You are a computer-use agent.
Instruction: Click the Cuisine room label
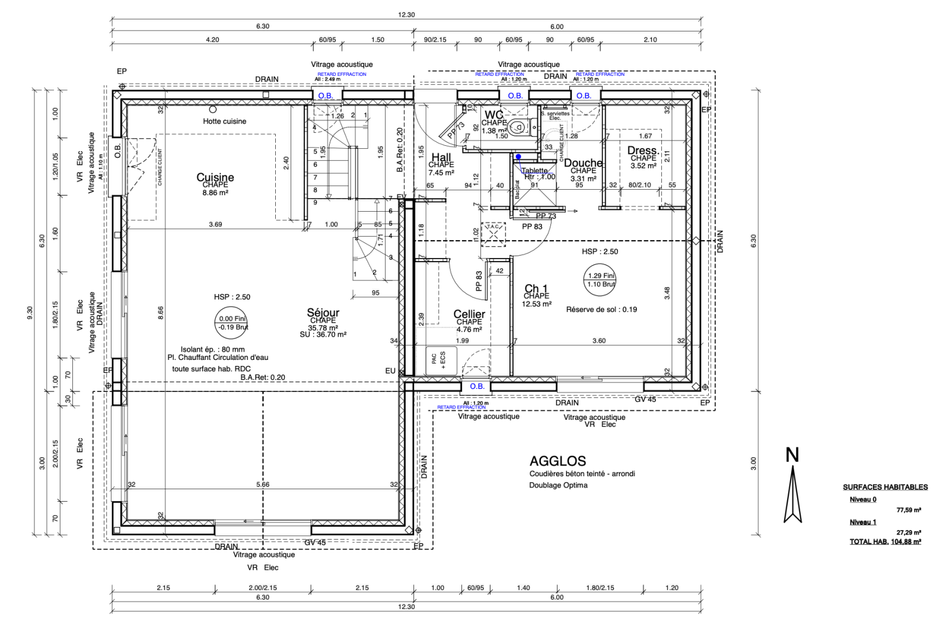point(215,177)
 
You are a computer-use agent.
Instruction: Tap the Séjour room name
point(323,312)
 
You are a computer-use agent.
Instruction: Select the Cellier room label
point(469,314)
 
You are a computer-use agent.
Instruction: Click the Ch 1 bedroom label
point(536,289)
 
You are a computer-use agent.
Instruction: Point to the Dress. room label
point(643,151)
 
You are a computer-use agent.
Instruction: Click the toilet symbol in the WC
point(517,126)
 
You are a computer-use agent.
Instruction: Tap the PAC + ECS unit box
point(439,359)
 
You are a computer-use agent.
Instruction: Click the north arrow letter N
point(792,455)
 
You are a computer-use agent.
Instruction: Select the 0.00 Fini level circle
point(231,323)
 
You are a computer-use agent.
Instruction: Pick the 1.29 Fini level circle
point(601,280)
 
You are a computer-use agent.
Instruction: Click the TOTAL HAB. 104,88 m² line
point(885,541)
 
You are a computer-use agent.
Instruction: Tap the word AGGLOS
point(558,461)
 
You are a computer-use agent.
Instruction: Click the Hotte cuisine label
point(224,121)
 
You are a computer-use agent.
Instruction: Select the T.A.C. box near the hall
point(493,233)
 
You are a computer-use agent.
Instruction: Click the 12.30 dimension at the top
point(407,15)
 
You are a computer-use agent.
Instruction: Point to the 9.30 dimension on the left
point(30,312)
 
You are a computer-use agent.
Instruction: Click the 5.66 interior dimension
point(263,484)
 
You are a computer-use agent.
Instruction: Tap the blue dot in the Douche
point(518,157)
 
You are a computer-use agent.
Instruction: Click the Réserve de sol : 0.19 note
point(601,310)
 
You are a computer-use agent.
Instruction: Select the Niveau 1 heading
point(862,522)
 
